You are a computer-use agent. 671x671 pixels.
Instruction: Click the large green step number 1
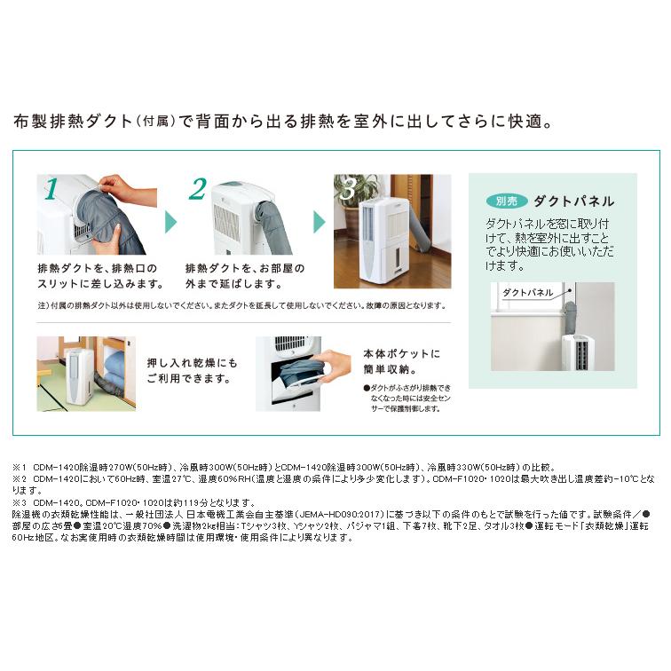[x=51, y=189]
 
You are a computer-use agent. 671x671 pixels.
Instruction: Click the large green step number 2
[x=198, y=189]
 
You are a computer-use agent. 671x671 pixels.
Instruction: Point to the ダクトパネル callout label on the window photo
[x=528, y=292]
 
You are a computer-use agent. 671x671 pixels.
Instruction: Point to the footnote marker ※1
[x=20, y=467]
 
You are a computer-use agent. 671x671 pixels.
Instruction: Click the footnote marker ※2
[x=20, y=478]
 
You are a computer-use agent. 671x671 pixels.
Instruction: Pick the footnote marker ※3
[x=20, y=501]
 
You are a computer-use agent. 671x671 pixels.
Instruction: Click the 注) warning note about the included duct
[x=240, y=305]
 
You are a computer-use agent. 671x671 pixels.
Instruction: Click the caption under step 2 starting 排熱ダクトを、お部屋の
[x=244, y=276]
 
